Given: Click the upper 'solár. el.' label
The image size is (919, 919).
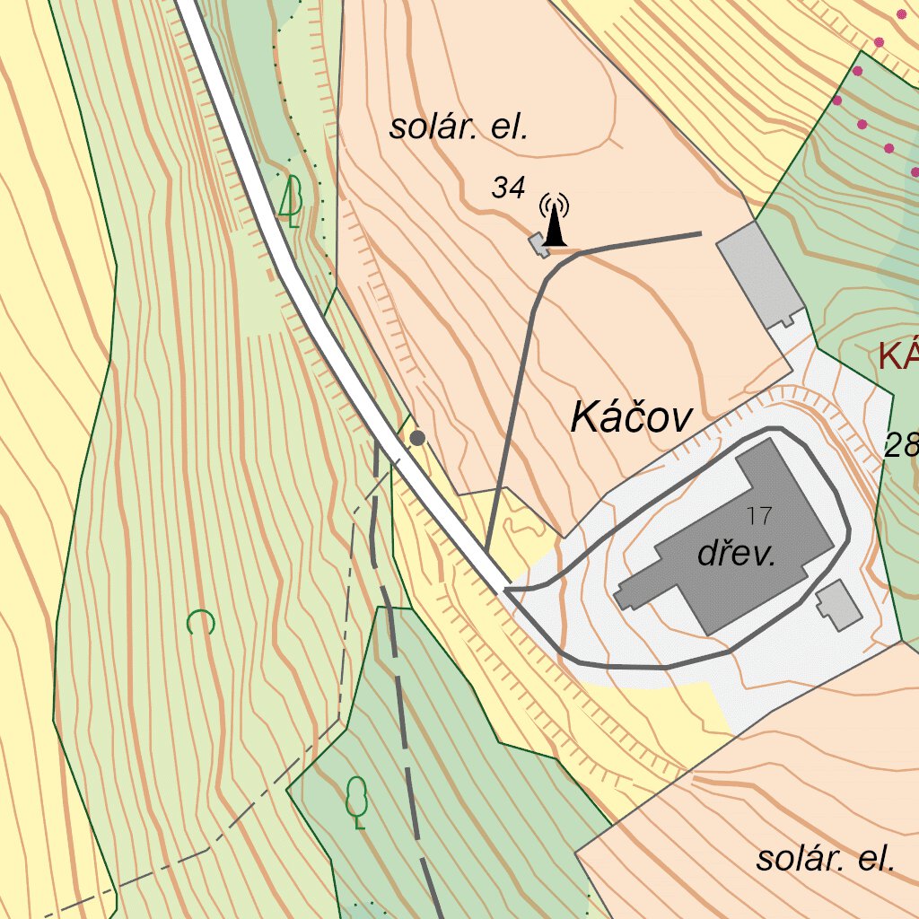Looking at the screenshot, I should (x=458, y=127).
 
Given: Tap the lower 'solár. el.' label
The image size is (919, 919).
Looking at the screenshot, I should (x=825, y=859).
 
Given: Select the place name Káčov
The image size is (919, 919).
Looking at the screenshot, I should (x=632, y=418).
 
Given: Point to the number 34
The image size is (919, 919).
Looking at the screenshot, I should (x=508, y=188).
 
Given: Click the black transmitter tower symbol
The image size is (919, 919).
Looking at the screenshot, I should (x=555, y=224).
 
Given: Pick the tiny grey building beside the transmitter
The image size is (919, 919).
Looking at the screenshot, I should (x=538, y=244).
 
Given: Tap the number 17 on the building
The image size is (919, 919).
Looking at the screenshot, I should (x=758, y=516).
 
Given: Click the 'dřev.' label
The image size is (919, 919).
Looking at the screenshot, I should (x=736, y=555).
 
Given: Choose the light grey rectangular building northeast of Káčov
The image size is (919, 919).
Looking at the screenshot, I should (x=759, y=273).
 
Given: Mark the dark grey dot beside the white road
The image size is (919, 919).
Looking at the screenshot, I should (x=417, y=438).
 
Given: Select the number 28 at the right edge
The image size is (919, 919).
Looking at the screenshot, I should (x=901, y=445).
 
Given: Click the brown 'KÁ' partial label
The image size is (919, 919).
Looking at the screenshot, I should (x=898, y=356).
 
